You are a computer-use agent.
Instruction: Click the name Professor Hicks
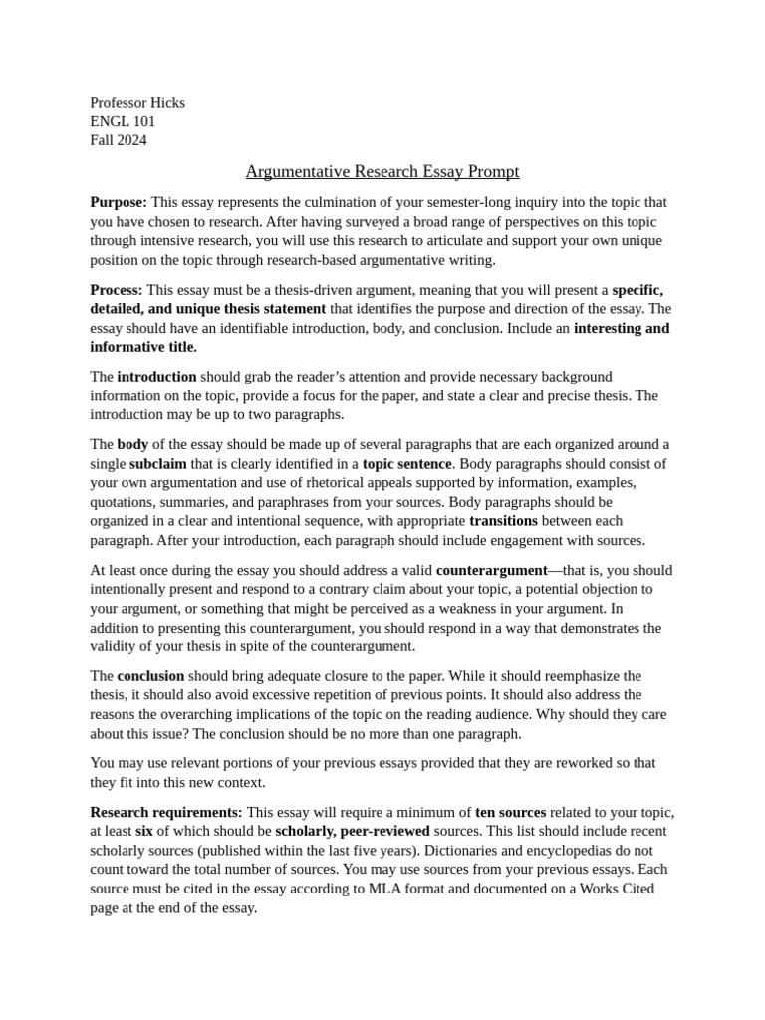click(137, 102)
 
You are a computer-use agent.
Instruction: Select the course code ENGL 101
click(123, 121)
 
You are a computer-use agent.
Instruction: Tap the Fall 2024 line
click(119, 139)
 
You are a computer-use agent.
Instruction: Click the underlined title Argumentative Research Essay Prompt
click(382, 171)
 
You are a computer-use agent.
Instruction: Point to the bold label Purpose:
click(119, 202)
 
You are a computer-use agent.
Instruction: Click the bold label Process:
click(117, 289)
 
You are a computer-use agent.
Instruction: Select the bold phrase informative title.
click(143, 347)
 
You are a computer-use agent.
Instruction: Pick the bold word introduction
click(156, 376)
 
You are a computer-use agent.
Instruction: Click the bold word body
click(131, 443)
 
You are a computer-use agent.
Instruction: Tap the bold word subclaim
click(157, 463)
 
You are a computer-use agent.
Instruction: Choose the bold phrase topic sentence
click(406, 463)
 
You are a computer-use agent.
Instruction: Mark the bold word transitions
click(503, 520)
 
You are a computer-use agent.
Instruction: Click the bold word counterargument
click(492, 570)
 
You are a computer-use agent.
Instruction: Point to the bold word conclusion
click(150, 675)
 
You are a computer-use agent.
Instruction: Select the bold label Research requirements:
click(166, 812)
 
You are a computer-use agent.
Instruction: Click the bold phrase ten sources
click(510, 812)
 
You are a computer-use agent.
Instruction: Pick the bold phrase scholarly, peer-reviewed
click(353, 831)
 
